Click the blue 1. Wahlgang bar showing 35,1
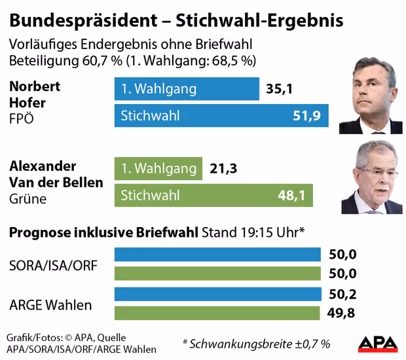coord(187,89)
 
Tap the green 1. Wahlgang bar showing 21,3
coord(158,168)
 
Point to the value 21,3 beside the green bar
coord(223,168)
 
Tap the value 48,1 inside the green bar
coord(291,195)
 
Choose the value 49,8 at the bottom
coord(341,314)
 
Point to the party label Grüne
coord(28,198)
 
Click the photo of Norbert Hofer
coord(371,96)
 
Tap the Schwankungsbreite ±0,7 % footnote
coord(257,343)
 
